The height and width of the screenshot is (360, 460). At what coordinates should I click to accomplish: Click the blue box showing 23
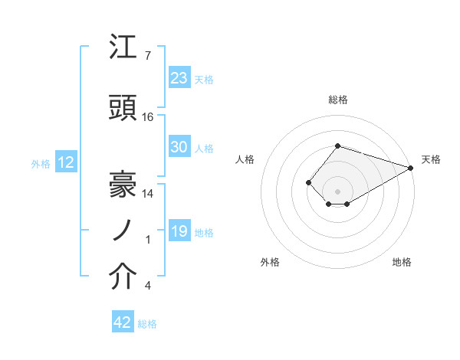click(x=179, y=78)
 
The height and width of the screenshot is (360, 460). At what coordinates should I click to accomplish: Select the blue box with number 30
click(x=179, y=148)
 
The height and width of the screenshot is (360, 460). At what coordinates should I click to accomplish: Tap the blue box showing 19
click(x=179, y=232)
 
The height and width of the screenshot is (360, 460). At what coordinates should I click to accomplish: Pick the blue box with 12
click(x=65, y=162)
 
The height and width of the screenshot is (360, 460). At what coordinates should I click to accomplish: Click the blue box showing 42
click(x=123, y=323)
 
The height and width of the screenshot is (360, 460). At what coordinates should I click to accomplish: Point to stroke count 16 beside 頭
click(x=148, y=117)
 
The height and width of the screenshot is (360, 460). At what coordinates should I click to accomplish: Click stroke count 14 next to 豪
click(x=148, y=194)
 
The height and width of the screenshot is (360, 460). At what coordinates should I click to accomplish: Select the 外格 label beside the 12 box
click(x=41, y=163)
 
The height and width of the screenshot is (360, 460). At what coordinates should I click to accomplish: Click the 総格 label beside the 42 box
click(x=147, y=324)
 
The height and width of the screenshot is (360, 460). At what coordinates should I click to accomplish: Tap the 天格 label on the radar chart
click(x=431, y=159)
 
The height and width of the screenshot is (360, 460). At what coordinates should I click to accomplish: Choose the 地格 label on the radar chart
click(x=402, y=262)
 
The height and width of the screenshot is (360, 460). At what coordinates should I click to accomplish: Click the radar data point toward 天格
click(x=411, y=168)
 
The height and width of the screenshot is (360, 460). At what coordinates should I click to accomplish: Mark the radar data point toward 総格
click(x=337, y=146)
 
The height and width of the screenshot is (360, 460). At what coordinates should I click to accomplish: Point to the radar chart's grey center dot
click(x=337, y=191)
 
